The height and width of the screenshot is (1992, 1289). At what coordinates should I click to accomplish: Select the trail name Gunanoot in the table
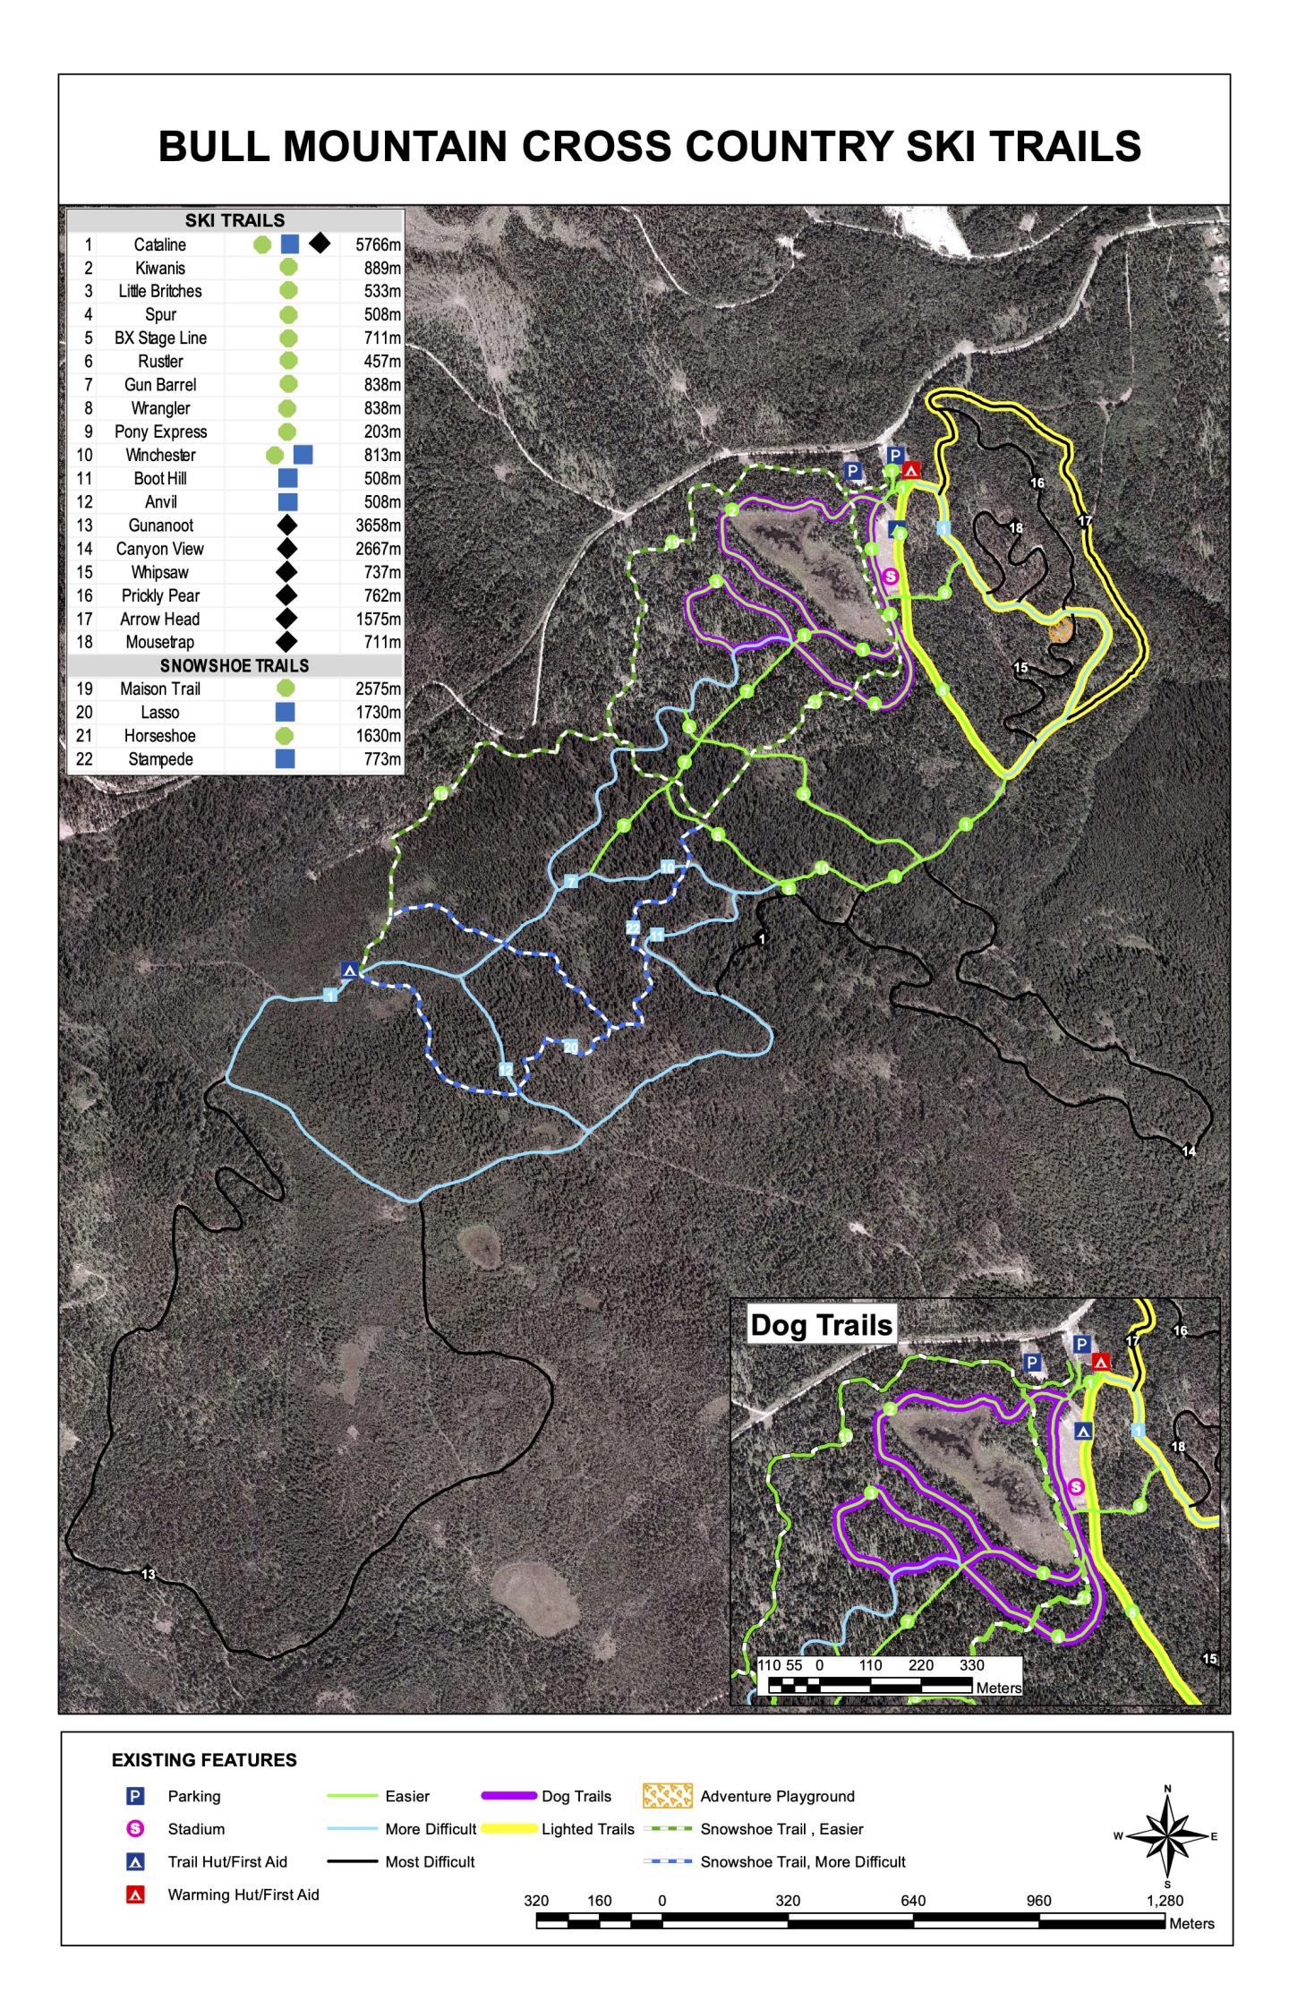160,526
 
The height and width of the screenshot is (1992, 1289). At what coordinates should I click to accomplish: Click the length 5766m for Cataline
378,244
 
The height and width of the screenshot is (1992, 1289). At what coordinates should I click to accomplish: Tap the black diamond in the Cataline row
320,243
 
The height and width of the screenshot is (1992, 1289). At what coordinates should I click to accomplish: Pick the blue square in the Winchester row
303,455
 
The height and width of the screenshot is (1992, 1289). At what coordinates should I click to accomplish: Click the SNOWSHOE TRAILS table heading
235,666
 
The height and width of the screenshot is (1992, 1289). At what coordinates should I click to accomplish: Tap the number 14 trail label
1189,1151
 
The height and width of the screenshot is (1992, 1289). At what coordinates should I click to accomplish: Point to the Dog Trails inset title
821,1325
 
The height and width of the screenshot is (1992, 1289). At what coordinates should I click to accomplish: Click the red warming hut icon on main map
911,470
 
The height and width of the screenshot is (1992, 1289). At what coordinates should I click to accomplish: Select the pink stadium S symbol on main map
890,576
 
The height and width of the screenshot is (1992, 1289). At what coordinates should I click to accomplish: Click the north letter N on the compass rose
1167,1789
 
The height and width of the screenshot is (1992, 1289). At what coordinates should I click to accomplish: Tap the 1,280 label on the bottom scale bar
1165,1901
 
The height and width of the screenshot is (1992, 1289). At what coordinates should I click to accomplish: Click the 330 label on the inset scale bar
971,1665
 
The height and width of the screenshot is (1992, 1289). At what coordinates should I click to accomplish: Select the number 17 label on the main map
1085,521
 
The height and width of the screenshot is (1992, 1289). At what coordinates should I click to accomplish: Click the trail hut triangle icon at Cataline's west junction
350,970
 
